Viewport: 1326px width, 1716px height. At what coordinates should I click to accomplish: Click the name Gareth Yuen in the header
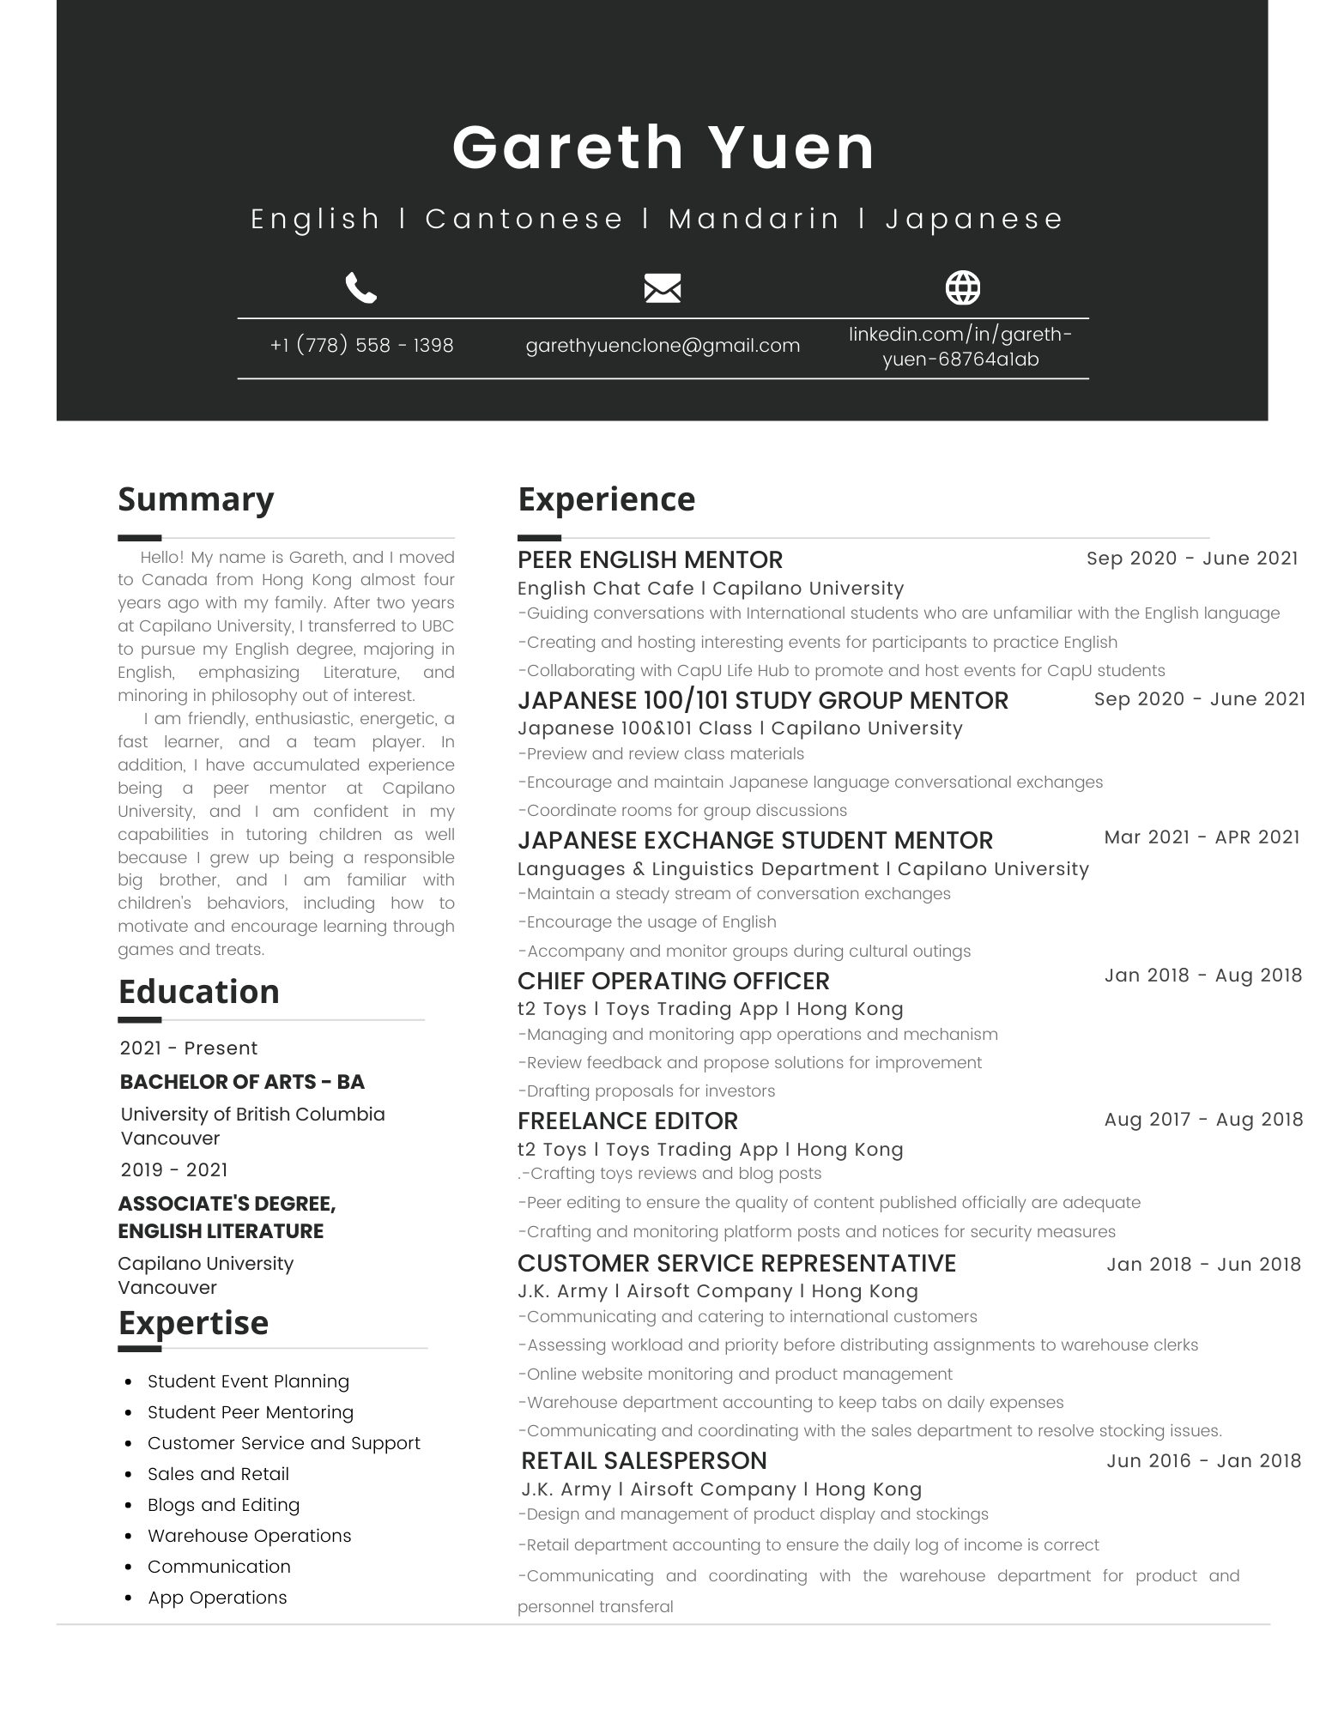point(663,148)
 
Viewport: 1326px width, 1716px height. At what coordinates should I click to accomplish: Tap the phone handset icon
point(360,288)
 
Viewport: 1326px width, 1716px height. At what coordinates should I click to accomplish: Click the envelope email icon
point(662,288)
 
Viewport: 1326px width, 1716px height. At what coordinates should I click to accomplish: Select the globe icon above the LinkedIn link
point(962,288)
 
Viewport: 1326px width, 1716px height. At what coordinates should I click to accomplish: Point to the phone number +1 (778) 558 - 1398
point(361,346)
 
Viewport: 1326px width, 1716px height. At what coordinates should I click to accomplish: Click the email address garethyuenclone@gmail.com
point(662,346)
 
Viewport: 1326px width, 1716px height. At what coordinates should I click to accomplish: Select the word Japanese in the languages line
point(974,220)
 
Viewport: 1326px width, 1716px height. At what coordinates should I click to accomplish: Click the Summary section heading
point(196,499)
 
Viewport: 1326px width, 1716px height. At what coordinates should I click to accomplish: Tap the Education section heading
point(198,992)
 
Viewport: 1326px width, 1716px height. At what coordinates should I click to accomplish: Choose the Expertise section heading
point(193,1323)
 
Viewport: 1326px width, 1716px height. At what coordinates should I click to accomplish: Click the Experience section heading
point(606,499)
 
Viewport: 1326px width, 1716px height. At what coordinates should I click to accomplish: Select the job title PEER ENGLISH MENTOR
point(650,560)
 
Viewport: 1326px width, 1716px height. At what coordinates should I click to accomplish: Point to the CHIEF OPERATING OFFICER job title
point(673,981)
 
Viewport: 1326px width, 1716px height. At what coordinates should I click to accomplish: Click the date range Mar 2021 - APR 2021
point(1202,837)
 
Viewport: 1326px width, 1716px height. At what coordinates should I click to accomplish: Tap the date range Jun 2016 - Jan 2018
point(1203,1461)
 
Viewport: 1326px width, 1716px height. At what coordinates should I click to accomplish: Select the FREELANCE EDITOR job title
point(627,1121)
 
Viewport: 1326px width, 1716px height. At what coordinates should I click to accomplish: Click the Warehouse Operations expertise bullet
point(249,1536)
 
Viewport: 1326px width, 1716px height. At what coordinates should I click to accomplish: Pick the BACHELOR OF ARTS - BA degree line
point(242,1082)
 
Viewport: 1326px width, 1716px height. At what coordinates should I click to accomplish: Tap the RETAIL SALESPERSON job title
point(644,1461)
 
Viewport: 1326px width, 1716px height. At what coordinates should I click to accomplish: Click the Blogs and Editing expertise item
point(223,1505)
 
